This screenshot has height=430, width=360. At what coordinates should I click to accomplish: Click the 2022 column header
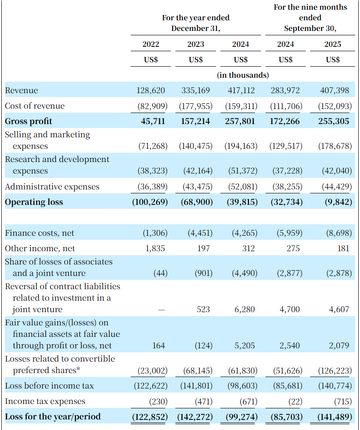[151, 44]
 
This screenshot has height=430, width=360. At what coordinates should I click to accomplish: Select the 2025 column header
[333, 44]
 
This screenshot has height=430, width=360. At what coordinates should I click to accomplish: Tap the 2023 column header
[196, 44]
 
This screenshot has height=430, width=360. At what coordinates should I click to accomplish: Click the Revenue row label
[21, 91]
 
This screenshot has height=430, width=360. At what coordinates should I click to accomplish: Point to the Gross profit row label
[28, 121]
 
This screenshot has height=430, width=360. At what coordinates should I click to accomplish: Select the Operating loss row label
[34, 202]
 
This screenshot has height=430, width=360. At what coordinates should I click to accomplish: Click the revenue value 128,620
[151, 91]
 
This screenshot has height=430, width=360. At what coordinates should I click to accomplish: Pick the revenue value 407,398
[334, 91]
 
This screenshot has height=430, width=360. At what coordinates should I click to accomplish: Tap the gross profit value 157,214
[196, 121]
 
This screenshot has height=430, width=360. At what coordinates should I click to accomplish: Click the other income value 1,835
[155, 249]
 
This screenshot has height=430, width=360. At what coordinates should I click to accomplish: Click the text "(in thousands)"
[243, 75]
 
